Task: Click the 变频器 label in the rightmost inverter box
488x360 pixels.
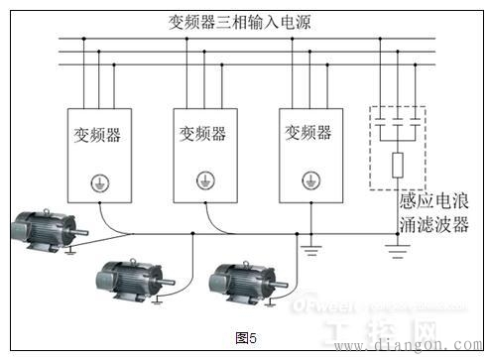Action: pyautogui.click(x=308, y=132)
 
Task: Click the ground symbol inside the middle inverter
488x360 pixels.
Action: pyautogui.click(x=203, y=180)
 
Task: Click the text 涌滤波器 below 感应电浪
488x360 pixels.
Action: pyautogui.click(x=432, y=223)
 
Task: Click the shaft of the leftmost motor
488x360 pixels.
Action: pyautogui.click(x=84, y=235)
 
